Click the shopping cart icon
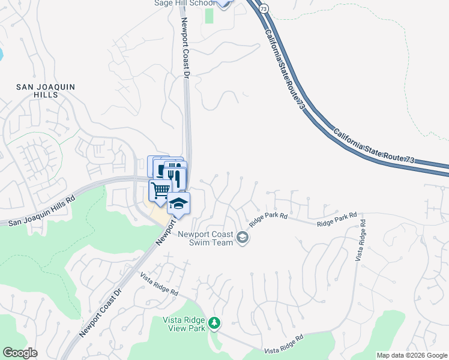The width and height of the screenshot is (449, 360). [160, 190]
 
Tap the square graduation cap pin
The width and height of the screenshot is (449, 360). [178, 204]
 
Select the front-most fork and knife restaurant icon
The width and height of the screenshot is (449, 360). [175, 176]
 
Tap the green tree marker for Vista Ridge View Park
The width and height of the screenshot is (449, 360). [214, 324]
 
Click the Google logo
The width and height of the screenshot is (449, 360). [20, 353]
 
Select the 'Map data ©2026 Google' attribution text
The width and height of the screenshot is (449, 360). [412, 355]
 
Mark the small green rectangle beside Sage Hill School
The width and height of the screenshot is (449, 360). [209, 15]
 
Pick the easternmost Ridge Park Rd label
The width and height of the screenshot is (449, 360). [337, 219]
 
